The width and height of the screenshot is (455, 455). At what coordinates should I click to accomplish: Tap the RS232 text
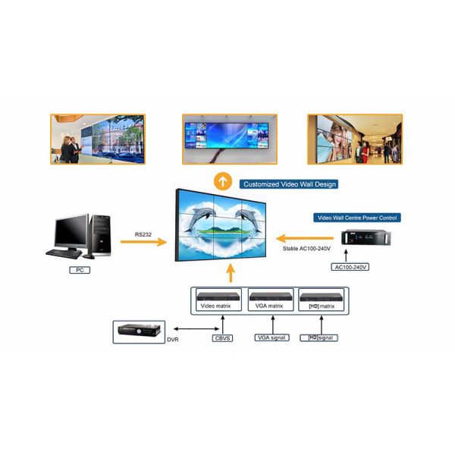(x=143, y=235)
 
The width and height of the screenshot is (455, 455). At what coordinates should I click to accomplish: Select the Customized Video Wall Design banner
(x=289, y=184)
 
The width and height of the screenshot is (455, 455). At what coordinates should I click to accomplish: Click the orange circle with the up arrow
(x=221, y=182)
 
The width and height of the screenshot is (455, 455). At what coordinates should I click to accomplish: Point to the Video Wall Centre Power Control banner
(x=356, y=218)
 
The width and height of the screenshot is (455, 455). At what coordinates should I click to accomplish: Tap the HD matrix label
(x=318, y=306)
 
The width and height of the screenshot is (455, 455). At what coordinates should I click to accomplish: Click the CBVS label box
(x=223, y=337)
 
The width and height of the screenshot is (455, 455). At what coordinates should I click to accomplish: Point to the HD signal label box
(x=318, y=337)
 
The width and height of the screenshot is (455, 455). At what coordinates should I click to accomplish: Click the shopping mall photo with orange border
(x=354, y=139)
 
